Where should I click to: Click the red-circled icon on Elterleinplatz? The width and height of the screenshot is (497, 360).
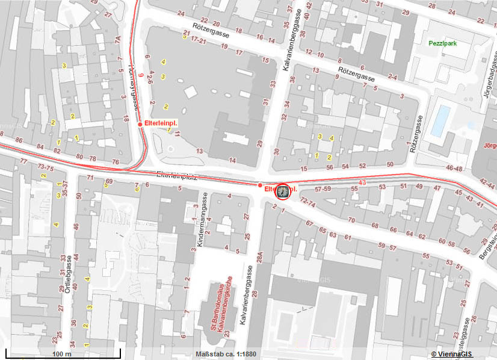tap(282, 192)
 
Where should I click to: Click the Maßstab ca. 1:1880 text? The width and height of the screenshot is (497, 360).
tap(227, 354)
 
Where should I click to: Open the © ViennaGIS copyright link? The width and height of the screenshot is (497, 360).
tap(452, 354)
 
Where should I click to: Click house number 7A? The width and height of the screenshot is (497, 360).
tap(118, 40)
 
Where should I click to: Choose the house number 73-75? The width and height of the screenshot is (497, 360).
tap(45, 167)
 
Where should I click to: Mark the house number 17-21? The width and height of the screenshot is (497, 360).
tap(199, 41)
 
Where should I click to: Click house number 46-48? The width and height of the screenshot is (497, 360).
tap(454, 169)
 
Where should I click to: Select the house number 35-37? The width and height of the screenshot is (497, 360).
tap(65, 189)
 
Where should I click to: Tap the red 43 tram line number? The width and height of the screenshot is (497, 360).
tap(362, 182)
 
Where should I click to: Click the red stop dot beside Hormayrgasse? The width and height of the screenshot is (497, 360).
tap(140, 124)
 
